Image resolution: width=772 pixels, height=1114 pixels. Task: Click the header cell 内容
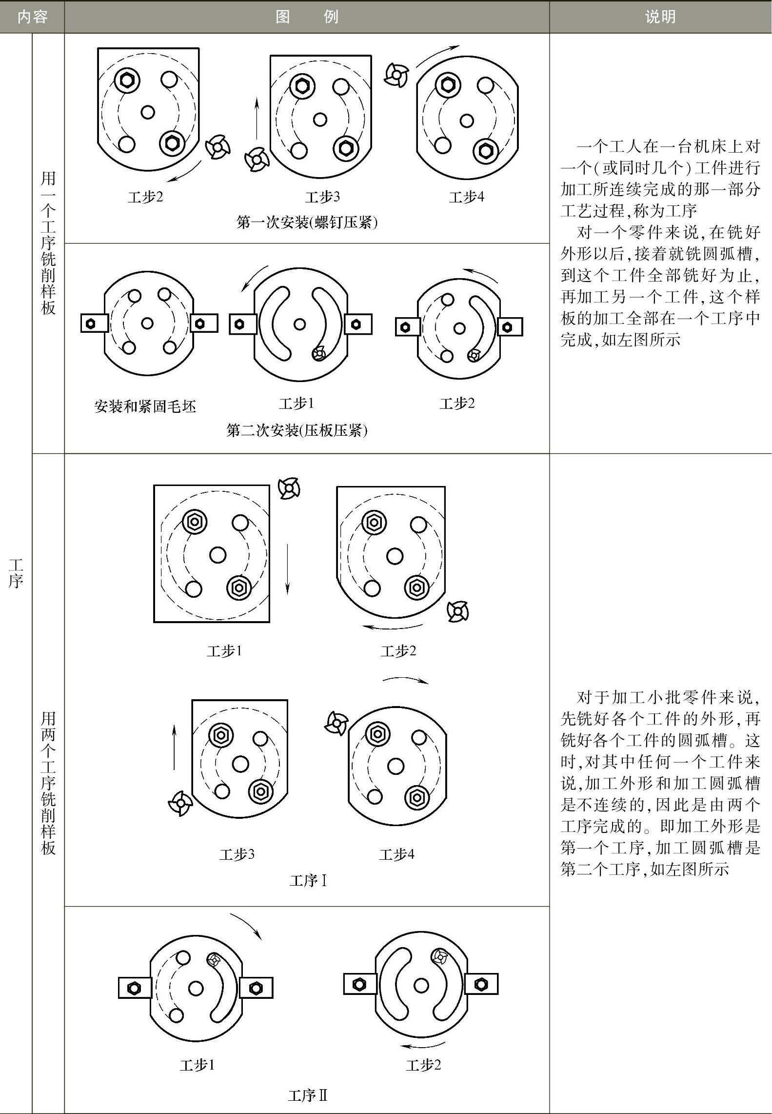pos(32,17)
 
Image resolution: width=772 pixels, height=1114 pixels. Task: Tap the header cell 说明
pos(660,17)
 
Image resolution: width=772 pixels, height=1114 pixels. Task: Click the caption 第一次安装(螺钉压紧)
pos(307,223)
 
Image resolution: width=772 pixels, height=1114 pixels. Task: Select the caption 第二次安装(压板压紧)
pos(297,430)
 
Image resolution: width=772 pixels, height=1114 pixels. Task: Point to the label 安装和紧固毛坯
pos(145,406)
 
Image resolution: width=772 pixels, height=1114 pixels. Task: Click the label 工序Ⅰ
pos(308,881)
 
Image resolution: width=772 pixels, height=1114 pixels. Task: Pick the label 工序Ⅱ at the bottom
pos(308,1096)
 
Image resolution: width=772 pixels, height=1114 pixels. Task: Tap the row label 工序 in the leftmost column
pos(16,573)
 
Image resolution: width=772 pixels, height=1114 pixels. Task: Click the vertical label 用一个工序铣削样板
pos(48,243)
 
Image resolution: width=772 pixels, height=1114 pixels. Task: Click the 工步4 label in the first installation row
pos(466,197)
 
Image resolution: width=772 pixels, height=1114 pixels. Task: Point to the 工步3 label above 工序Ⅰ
pos(237,854)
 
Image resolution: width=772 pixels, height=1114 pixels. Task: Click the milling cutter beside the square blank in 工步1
pos(289,488)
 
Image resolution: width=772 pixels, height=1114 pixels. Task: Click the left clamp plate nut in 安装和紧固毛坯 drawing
pos(91,324)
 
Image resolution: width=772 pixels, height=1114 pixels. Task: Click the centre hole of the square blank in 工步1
pos(218,555)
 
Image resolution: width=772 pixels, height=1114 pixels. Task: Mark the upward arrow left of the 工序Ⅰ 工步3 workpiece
pos(174,747)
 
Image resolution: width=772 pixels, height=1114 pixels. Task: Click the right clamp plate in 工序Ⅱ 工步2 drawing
pos(481,984)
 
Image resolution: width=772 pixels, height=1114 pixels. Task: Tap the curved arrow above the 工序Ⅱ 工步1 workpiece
pos(247,926)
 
